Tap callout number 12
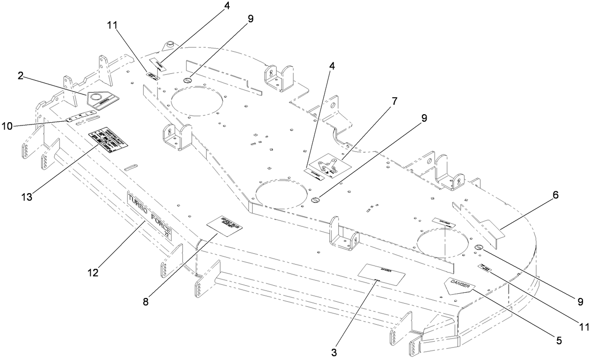[94, 272]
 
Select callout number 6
[555, 196]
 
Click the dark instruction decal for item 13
[109, 139]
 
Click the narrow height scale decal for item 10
[81, 116]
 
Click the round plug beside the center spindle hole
[315, 200]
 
